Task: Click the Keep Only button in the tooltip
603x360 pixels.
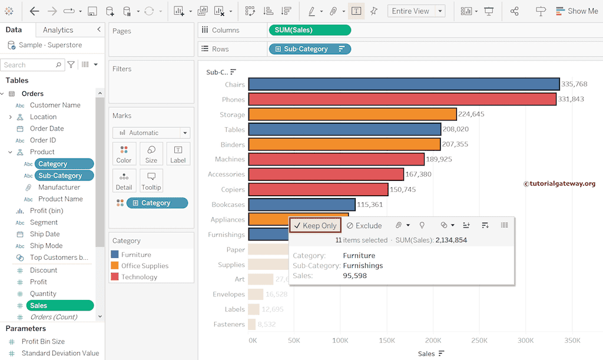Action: [315, 226]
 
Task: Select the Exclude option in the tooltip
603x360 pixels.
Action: [364, 226]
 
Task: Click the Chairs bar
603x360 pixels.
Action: [403, 84]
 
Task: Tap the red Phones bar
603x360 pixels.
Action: [402, 99]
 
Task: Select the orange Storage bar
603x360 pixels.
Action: [352, 114]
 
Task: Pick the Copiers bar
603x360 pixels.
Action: [318, 189]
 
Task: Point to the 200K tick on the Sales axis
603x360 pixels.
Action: [433, 341]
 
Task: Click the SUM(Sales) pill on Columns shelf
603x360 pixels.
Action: [309, 30]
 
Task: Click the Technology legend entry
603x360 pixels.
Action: [139, 277]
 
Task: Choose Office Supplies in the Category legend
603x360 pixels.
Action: [144, 266]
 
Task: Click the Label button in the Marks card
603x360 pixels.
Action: [178, 154]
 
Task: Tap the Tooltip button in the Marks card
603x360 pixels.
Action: [151, 181]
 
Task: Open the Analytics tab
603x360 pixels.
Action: [58, 30]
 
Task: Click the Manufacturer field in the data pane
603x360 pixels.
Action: [59, 187]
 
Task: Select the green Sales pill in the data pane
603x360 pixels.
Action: [59, 305]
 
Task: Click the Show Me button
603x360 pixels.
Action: [575, 11]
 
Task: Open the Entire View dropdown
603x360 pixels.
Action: [440, 11]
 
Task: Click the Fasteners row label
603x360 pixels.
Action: [229, 324]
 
